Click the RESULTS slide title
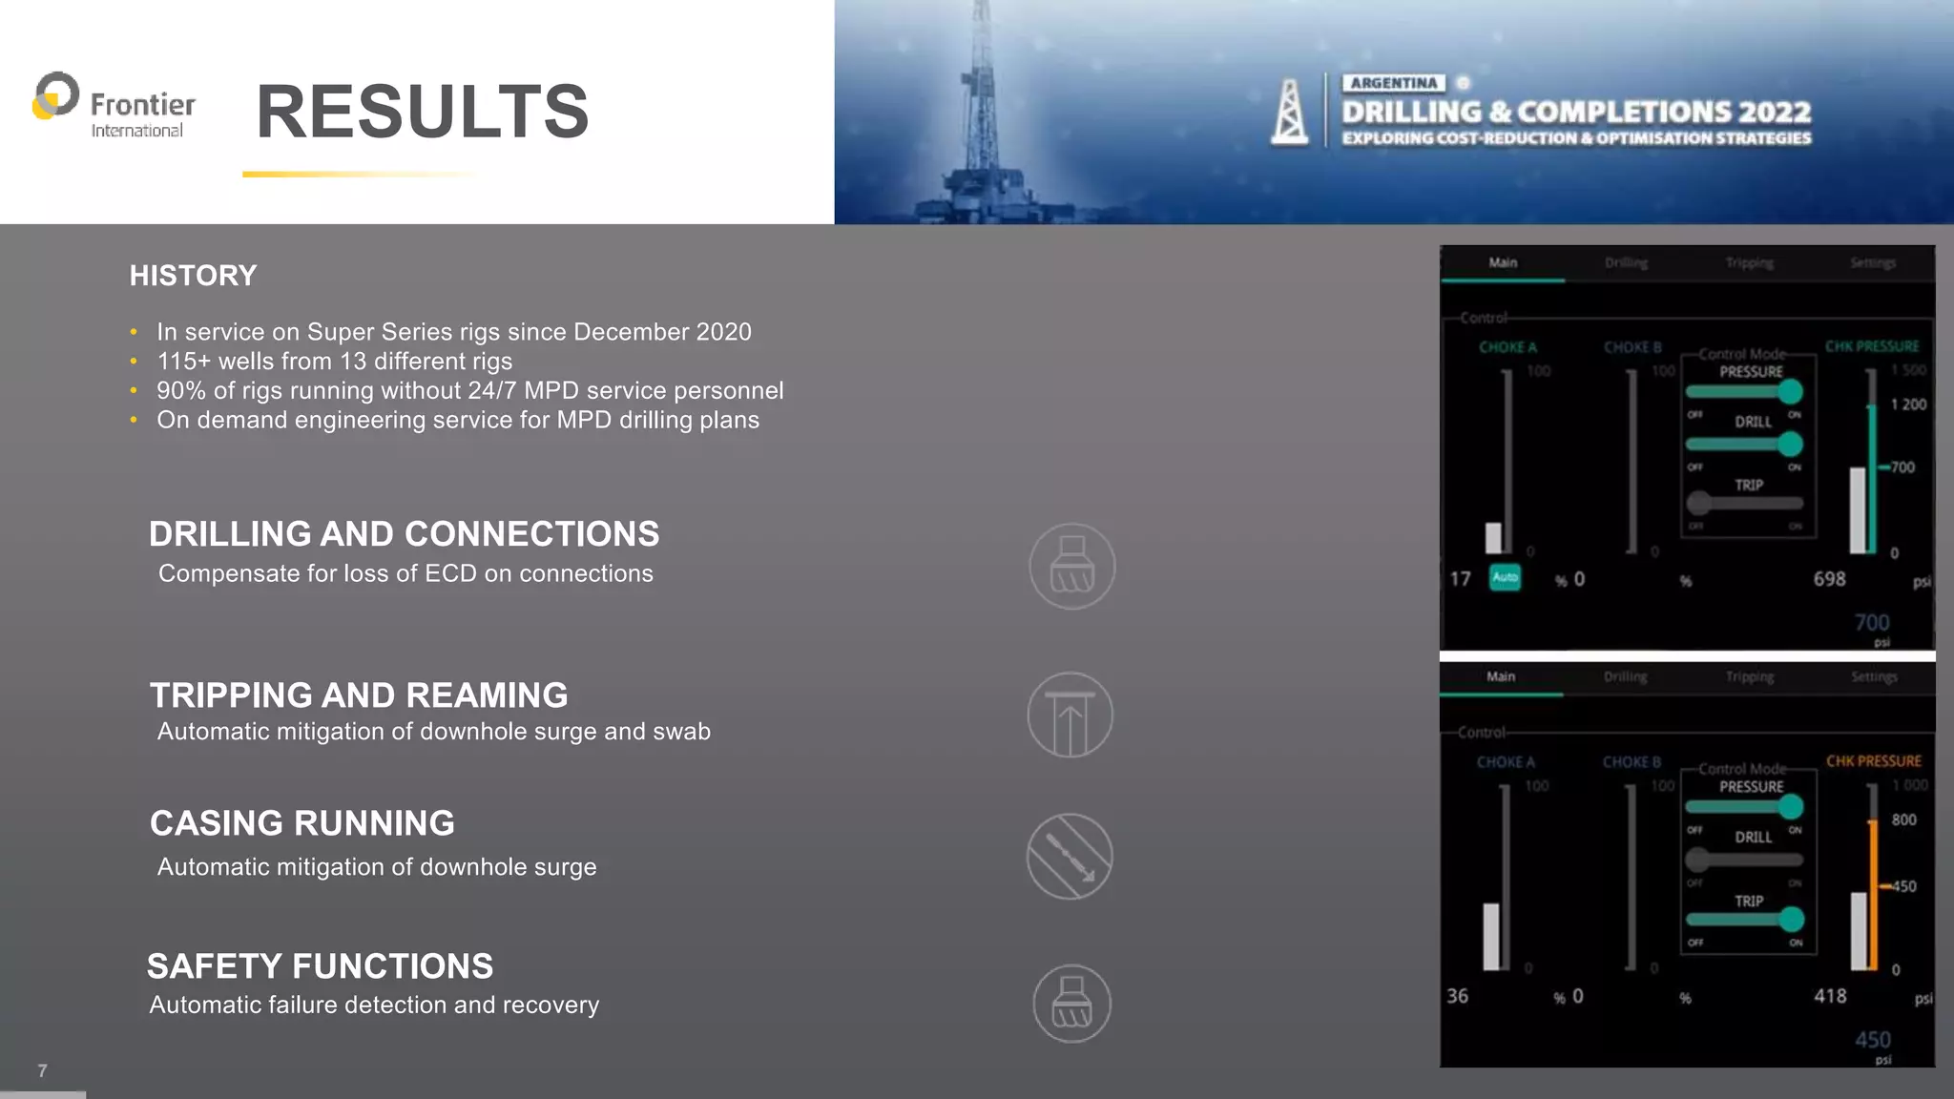point(423,112)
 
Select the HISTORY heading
point(193,276)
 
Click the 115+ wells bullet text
point(334,362)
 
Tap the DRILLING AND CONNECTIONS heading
point(404,534)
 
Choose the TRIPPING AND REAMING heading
point(359,695)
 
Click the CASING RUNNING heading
point(302,823)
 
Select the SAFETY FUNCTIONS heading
point(320,966)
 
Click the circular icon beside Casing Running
point(1070,856)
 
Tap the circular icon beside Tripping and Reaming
point(1070,715)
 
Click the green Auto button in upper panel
point(1505,577)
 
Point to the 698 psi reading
point(1829,579)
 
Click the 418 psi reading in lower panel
point(1829,996)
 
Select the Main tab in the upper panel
point(1503,262)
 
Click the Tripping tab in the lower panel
point(1749,677)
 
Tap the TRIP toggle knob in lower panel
point(1791,919)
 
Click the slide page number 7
point(42,1070)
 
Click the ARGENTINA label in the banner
point(1393,83)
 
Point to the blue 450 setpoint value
point(1872,1040)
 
